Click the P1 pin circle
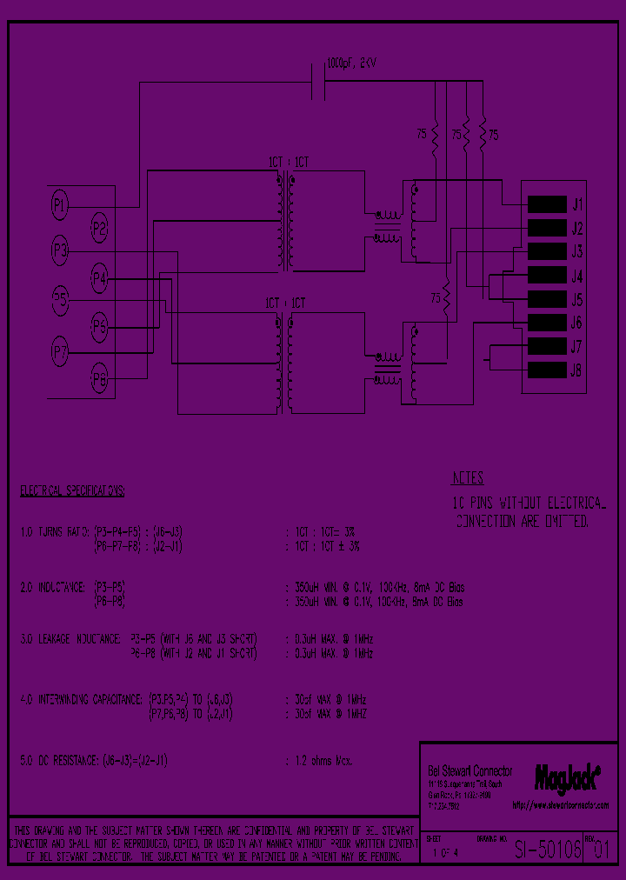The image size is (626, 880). [x=59, y=205]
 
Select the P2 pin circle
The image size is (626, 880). [x=100, y=230]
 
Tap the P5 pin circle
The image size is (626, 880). [x=59, y=301]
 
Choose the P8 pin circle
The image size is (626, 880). [x=100, y=380]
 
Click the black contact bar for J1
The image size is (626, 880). [x=545, y=205]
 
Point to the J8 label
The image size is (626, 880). [x=576, y=370]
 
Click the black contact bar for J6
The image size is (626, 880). [x=545, y=323]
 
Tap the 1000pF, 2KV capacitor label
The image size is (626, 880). [x=352, y=63]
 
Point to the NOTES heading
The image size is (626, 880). [x=468, y=479]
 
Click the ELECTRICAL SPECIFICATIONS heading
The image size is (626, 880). [x=72, y=491]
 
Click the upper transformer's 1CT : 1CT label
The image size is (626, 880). [x=287, y=163]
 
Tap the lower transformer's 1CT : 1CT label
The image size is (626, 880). [x=285, y=303]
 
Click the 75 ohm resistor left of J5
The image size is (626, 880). [x=445, y=298]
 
